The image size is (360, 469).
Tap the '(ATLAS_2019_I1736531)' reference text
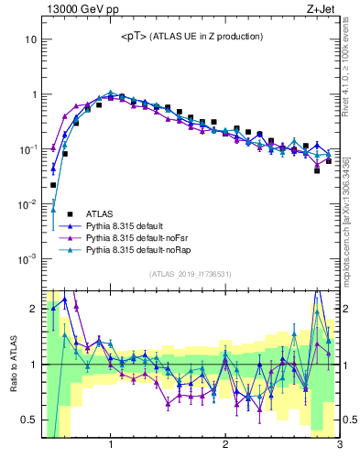click(191, 274)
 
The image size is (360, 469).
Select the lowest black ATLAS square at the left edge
click(53, 185)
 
